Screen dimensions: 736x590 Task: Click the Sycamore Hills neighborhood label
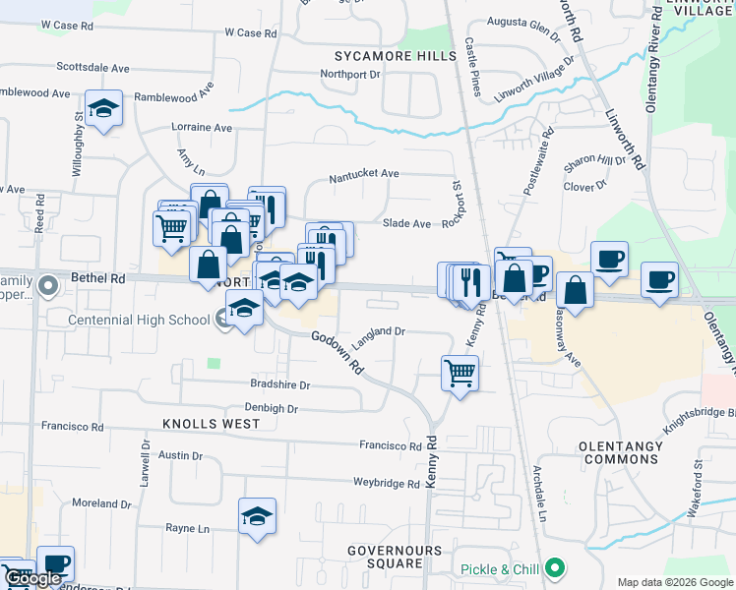(396, 56)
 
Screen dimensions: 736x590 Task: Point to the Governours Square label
(385, 556)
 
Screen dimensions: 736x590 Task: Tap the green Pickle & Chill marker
(555, 569)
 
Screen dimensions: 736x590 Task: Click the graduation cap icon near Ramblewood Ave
(102, 109)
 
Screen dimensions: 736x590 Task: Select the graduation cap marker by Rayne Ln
(257, 516)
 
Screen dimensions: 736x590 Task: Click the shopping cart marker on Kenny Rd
(460, 374)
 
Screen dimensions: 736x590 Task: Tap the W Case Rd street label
(250, 32)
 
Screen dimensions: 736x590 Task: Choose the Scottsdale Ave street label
(93, 68)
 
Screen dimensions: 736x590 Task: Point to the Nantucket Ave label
(364, 174)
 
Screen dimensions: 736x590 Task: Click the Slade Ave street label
(406, 224)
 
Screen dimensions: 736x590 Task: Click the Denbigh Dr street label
(271, 407)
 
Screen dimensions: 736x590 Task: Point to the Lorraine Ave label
(202, 128)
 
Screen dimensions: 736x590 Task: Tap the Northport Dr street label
(350, 74)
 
